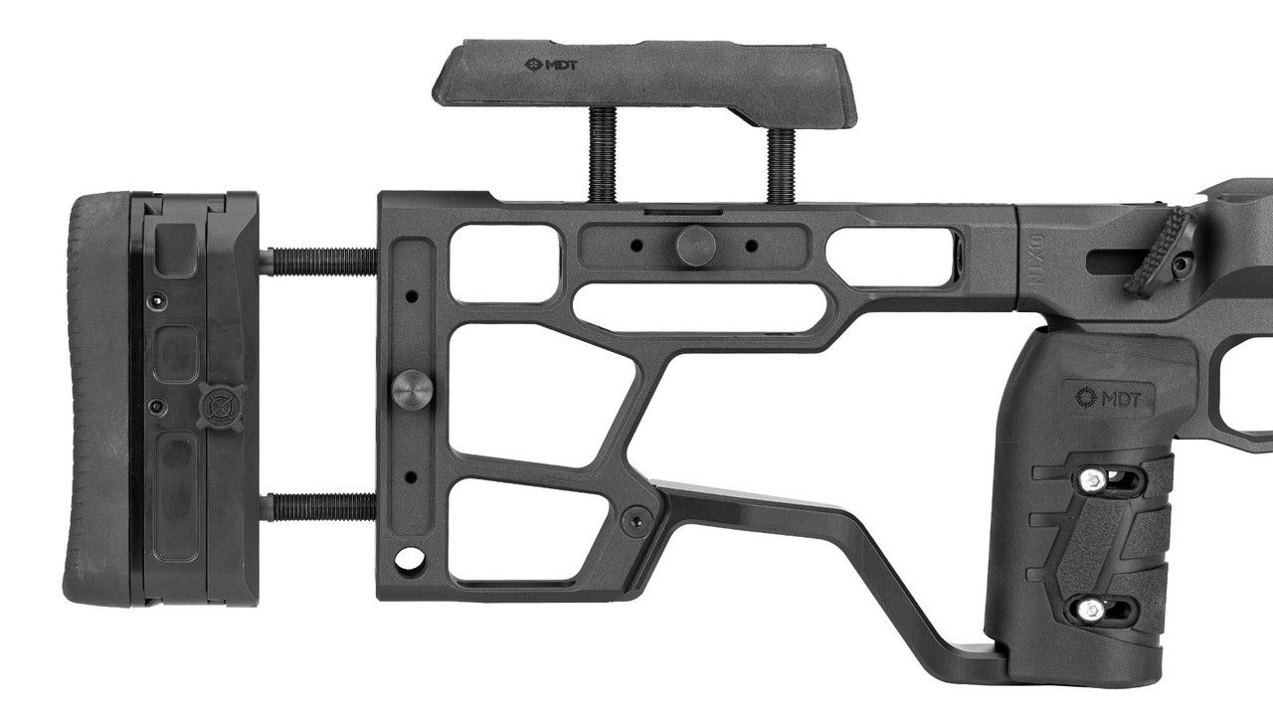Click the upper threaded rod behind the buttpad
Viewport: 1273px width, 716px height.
click(318, 262)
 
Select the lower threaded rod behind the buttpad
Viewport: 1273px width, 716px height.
click(318, 507)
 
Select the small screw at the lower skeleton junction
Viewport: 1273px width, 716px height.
click(631, 518)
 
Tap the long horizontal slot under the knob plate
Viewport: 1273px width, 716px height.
click(701, 306)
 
